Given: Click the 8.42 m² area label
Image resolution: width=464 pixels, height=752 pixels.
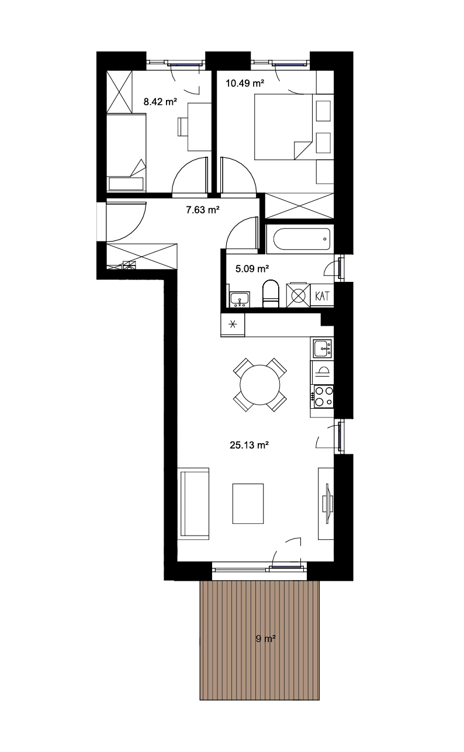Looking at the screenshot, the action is coord(160,101).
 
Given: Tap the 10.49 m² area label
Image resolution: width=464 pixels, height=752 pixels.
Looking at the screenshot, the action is coord(245,83).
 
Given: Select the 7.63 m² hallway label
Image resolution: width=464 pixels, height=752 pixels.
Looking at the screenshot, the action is coord(203,210).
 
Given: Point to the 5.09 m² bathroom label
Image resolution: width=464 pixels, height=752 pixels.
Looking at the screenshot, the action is coord(252,268).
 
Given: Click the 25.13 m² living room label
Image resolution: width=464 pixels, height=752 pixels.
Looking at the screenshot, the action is coord(249,445).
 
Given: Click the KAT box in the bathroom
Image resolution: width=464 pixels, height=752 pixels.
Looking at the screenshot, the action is coord(322,296).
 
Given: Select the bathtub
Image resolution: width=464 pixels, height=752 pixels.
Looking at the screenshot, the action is coord(302,239).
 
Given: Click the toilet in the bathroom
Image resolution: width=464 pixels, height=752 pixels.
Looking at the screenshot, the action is coord(271,293).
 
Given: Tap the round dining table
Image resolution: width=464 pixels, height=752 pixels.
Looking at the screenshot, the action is coord(260,385).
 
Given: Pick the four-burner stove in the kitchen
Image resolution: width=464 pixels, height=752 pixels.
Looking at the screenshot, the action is coord(323,396).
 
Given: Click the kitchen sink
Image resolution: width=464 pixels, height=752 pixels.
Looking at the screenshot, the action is coord(323,348).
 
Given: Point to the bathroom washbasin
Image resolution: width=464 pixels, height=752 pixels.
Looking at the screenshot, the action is coord(239,299).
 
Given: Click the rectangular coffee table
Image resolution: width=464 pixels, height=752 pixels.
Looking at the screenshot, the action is coord(248,503).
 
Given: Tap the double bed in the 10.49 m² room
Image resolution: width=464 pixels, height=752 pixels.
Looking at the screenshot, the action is coord(283,126).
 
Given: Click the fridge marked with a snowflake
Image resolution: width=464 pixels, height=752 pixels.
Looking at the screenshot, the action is coord(233,325).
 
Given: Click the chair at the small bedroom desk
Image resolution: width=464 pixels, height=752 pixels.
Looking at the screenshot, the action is coord(183,126).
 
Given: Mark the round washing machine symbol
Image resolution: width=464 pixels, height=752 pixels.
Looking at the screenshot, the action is coord(298,296).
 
